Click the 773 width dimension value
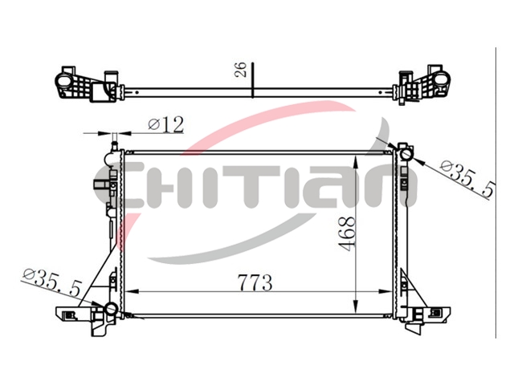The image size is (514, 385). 255,282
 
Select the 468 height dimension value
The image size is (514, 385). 347,233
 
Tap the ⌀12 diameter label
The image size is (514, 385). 166,124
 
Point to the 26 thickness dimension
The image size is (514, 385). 241,69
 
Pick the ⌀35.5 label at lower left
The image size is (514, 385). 51,282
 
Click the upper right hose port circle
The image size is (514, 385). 407,154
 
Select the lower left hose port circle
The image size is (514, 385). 111,308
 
